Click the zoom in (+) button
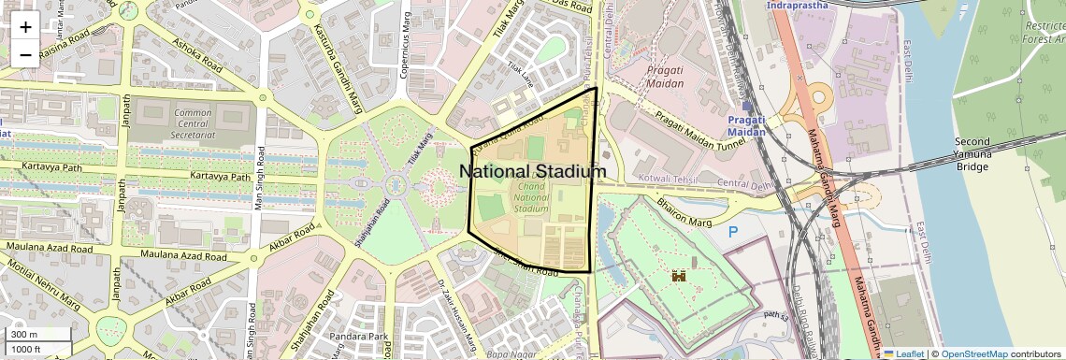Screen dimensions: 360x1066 click(x=25, y=27)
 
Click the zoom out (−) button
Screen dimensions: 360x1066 click(x=25, y=54)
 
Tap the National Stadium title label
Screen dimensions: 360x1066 click(x=532, y=172)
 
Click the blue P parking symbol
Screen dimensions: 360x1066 click(x=732, y=232)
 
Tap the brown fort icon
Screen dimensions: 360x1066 click(x=680, y=277)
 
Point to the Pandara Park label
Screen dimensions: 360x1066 click(x=363, y=337)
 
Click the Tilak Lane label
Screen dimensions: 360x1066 click(x=520, y=75)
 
